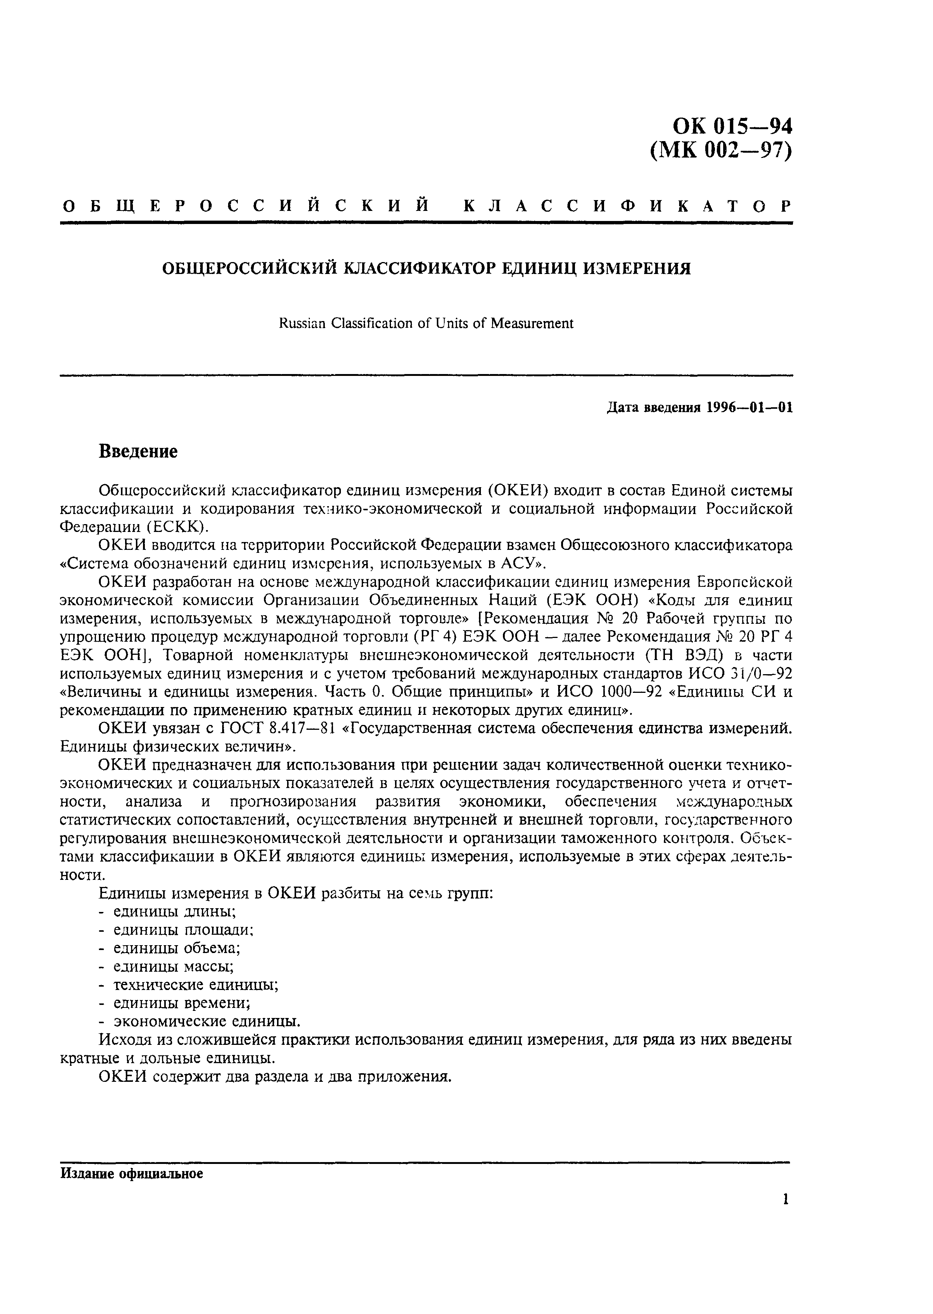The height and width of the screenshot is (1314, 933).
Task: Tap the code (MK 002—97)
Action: pos(721,150)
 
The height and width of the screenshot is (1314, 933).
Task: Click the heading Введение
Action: pos(138,451)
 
